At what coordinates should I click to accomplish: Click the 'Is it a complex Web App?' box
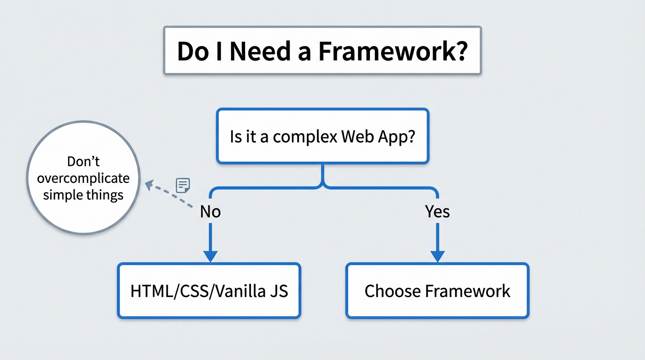pos(322,136)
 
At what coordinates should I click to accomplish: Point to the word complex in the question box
pos(305,137)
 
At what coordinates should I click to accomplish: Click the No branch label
pos(210,212)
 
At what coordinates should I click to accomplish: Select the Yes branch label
pos(437,212)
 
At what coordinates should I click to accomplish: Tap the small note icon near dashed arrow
pos(183,185)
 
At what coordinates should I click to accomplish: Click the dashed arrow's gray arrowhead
pos(149,186)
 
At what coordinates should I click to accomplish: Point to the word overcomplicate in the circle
pos(83,179)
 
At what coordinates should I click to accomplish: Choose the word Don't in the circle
pos(83,162)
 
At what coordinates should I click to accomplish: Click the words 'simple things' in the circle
pos(83,195)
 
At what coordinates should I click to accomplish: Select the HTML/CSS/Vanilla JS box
pos(209,291)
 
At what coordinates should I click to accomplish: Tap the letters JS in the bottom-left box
pos(278,291)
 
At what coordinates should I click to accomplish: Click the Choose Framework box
pos(437,291)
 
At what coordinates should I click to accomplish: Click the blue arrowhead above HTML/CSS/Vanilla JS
pos(210,256)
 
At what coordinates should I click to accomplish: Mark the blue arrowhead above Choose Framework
pos(437,256)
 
